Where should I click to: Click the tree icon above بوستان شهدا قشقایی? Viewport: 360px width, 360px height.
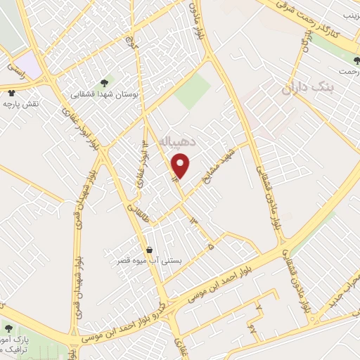click(105, 82)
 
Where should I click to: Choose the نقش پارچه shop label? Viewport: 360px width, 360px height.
click(19, 104)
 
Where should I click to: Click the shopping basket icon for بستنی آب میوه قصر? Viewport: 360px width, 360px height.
click(149, 250)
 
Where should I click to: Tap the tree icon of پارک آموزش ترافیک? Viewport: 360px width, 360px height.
click(8, 328)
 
